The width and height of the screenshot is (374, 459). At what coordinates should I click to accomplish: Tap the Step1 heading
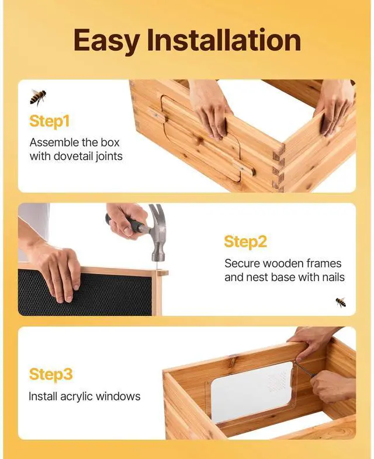[50, 121]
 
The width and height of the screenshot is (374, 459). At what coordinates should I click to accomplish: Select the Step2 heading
[245, 242]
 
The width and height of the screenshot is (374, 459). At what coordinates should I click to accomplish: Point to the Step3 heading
[51, 374]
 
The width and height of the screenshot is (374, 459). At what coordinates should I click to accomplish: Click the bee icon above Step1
[38, 96]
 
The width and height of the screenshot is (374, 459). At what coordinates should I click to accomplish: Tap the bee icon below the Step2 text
[341, 302]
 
